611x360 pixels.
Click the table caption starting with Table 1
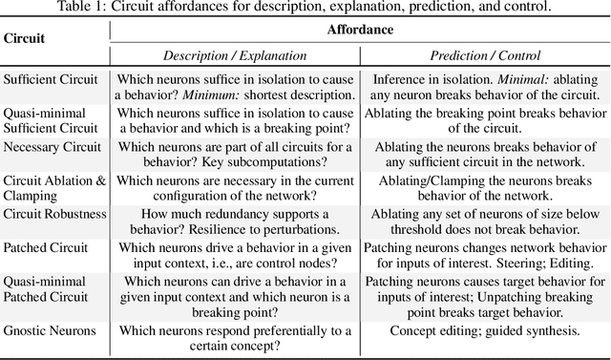[x=305, y=8]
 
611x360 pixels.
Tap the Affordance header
[x=361, y=30]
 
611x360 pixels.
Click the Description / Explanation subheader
[x=236, y=56]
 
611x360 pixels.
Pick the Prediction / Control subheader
[x=485, y=56]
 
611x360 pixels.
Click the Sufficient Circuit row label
[x=51, y=79]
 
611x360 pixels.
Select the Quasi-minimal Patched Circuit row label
[x=46, y=289]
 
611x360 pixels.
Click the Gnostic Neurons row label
[x=50, y=331]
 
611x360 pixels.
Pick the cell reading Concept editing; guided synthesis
[x=485, y=331]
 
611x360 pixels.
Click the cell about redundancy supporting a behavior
[x=236, y=222]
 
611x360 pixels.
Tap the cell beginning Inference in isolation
[x=485, y=86]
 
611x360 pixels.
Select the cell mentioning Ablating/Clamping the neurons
[x=485, y=188]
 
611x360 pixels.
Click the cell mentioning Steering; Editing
[x=485, y=256]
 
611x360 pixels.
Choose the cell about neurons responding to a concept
[x=236, y=338]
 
